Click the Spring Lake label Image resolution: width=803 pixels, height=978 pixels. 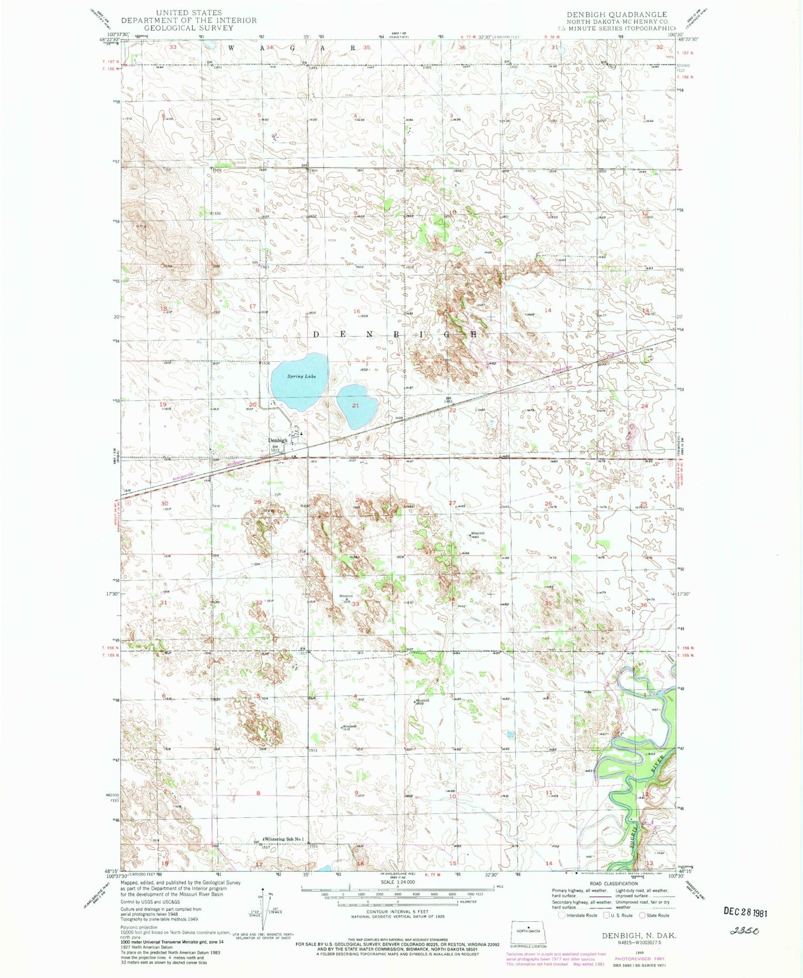[x=301, y=376]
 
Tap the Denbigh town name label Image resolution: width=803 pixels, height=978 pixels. [x=278, y=440]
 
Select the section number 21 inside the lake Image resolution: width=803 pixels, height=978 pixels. [x=355, y=405]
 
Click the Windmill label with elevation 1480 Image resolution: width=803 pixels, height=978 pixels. [x=477, y=534]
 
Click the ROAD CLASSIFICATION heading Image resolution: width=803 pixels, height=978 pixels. [x=614, y=884]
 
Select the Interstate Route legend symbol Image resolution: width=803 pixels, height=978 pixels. [x=562, y=915]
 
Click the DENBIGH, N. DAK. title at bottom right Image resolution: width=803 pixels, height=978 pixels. [x=639, y=936]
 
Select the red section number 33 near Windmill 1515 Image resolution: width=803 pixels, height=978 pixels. [x=355, y=603]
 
